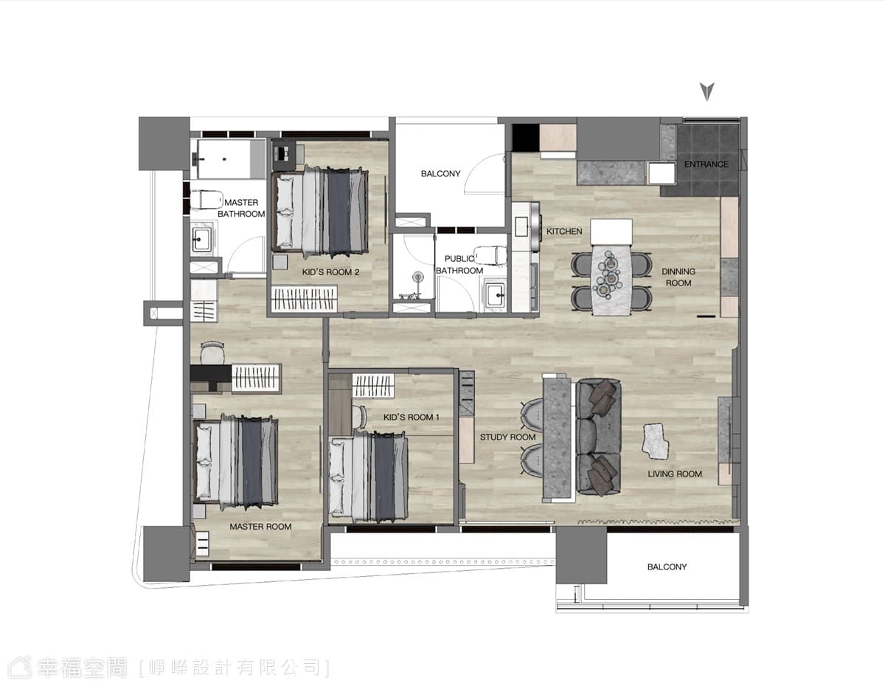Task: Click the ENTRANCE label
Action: [707, 165]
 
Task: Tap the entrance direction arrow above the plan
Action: [707, 91]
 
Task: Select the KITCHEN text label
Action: [564, 232]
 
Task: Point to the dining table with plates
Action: [611, 280]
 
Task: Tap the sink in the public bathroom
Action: [496, 294]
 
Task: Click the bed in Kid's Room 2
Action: [321, 212]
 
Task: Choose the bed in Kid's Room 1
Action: [369, 477]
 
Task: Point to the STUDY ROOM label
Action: [507, 437]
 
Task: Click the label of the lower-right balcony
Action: [667, 567]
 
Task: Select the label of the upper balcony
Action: [440, 174]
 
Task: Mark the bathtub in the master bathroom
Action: [223, 159]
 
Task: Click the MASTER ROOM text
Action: [260, 527]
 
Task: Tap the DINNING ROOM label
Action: [678, 277]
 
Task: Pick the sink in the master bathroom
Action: [202, 239]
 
